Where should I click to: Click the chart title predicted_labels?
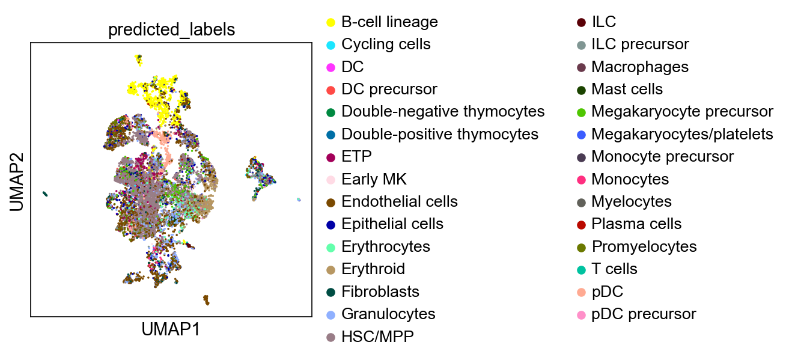tap(171, 29)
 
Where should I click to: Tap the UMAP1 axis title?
tap(171, 329)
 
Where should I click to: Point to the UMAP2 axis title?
tap(17, 182)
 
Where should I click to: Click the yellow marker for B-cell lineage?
tap(331, 23)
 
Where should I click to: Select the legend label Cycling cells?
tap(386, 44)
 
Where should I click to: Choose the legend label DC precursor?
tap(389, 90)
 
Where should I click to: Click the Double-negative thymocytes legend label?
tap(443, 112)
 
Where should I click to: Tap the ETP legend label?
tap(356, 156)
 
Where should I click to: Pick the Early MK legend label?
tap(374, 179)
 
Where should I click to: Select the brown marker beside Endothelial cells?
tap(331, 203)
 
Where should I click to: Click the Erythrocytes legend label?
tap(386, 246)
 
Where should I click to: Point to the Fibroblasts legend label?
tap(380, 291)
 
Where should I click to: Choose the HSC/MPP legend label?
tap(377, 337)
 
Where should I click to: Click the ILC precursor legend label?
tap(640, 44)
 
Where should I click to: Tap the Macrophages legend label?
tap(640, 67)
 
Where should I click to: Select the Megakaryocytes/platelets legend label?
tap(682, 134)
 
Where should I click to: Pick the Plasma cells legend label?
tap(636, 224)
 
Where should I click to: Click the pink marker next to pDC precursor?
tap(582, 315)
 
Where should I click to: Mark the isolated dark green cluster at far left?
tap(45, 194)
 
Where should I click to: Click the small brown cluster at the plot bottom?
tap(206, 300)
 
